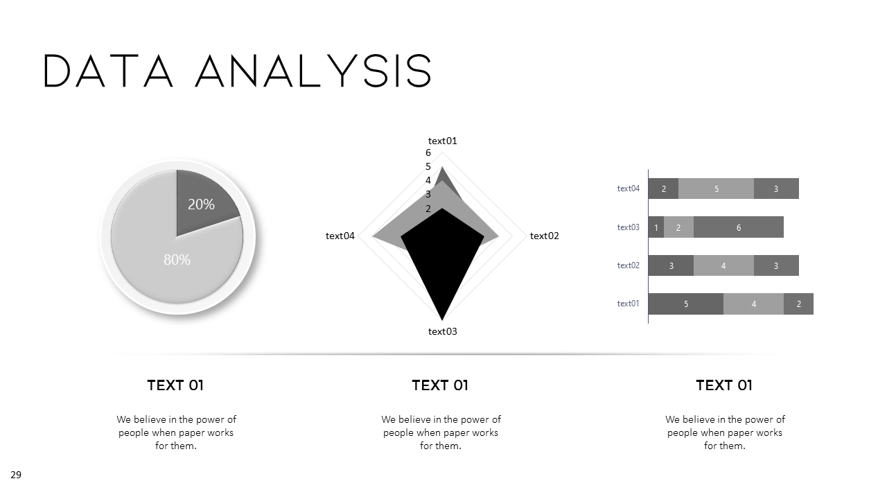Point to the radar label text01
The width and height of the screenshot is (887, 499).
pos(442,141)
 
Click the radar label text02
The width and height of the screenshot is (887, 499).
pos(544,236)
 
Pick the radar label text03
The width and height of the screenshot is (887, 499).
pos(442,331)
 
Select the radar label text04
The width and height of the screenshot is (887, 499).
pos(340,236)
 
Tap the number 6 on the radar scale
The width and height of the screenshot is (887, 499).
pos(428,152)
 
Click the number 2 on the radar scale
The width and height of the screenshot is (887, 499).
pos(428,209)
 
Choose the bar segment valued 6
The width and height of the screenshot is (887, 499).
pos(739,227)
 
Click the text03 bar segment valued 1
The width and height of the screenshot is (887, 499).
pos(656,227)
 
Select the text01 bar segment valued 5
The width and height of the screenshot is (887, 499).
pos(686,304)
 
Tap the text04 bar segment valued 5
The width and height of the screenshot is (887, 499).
pos(716,189)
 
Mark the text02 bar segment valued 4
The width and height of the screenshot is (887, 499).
pos(723,265)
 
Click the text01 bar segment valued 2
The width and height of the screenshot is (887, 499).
pos(798,304)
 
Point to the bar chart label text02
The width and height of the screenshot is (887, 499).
pos(629,265)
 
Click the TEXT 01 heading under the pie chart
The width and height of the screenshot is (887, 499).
pos(175,385)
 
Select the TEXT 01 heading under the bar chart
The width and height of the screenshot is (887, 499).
pos(723,385)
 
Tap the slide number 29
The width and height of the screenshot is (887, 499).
pos(16,475)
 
